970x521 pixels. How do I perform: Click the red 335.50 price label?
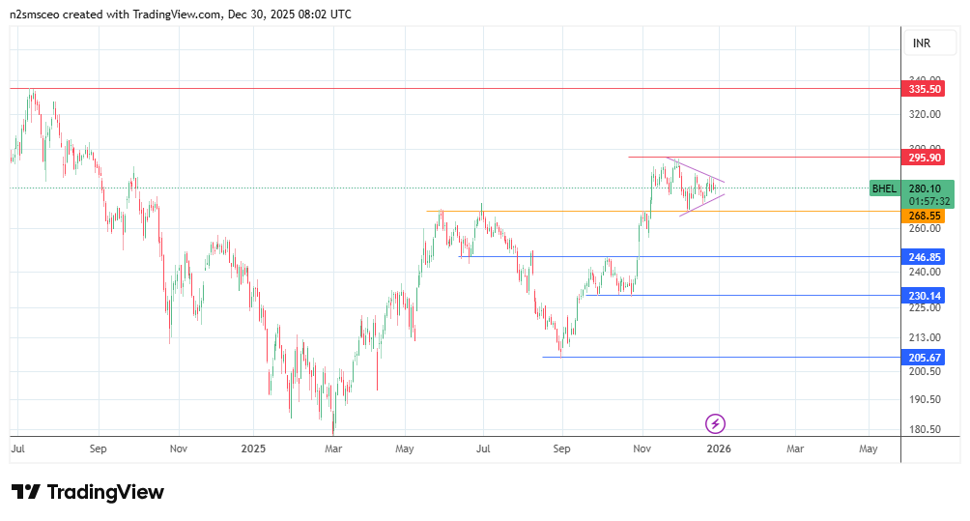[925, 89]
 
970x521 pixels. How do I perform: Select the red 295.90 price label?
[925, 158]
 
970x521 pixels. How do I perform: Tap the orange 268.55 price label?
[925, 217]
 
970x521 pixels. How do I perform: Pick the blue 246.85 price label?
[925, 257]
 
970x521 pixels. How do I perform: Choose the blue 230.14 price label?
[925, 296]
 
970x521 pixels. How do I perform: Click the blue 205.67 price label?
[925, 358]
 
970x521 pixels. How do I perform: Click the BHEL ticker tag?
[884, 188]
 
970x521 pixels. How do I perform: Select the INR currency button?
[921, 43]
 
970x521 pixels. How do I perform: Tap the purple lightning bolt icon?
[716, 423]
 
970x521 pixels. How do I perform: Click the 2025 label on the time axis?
[253, 449]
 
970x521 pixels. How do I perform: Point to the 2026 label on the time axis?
[718, 449]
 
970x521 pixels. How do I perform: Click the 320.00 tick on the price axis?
[925, 114]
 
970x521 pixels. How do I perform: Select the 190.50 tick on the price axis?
[925, 399]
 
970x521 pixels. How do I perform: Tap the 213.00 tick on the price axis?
[925, 337]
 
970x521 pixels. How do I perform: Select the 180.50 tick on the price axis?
[925, 430]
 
